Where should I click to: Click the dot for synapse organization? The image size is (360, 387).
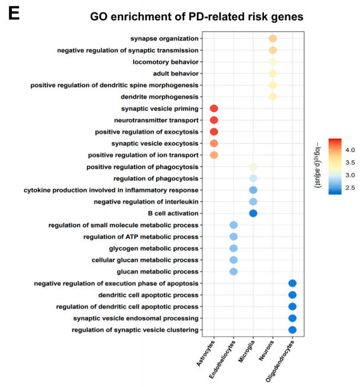point(273,39)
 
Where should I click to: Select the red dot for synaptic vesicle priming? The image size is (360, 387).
point(214,109)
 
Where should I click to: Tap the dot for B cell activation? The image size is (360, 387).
point(253,213)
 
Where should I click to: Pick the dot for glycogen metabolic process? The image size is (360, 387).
point(234,248)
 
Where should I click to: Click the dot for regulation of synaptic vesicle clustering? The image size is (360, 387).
point(292,329)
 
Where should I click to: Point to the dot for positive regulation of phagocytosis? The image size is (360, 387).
point(253,167)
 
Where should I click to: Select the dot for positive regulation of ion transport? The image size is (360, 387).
point(214,155)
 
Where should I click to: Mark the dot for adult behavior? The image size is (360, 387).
point(273,74)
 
